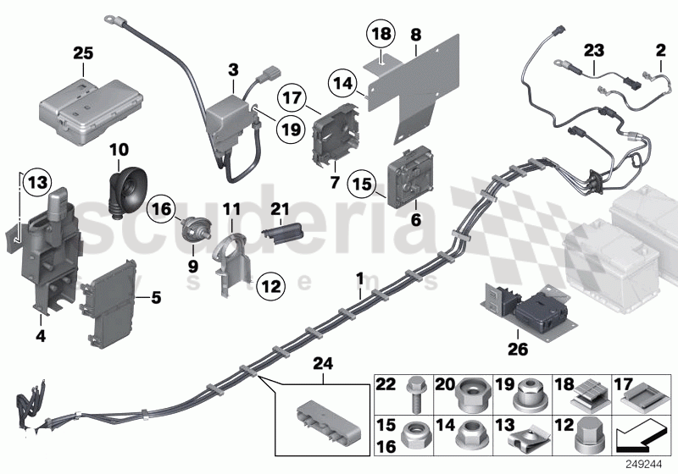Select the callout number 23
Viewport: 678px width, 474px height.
[595, 49]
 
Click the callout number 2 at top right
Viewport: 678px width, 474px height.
[660, 50]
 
